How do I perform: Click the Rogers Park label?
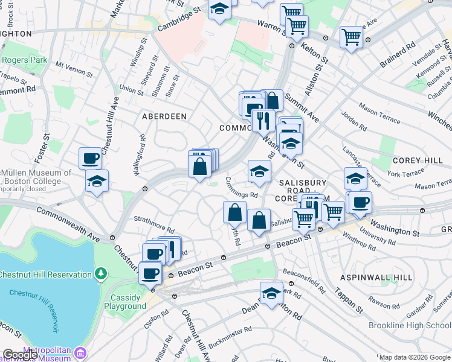25,60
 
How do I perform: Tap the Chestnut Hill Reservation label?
45,275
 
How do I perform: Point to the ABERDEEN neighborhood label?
164,116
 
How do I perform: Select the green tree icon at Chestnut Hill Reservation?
101,275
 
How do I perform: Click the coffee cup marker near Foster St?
90,159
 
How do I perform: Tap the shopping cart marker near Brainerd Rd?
351,37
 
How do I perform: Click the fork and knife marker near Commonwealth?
263,120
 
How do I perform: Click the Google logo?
20,355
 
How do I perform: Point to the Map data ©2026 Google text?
414,357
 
